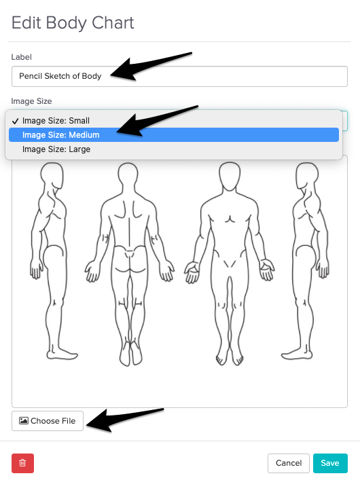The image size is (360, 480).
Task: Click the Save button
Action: (x=330, y=463)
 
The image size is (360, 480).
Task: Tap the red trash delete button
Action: (x=22, y=463)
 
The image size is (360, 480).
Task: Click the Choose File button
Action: (x=48, y=421)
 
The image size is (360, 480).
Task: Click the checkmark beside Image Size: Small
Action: (x=16, y=122)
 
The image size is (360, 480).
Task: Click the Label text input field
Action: (x=179, y=76)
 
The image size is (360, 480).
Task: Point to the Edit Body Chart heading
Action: (x=73, y=23)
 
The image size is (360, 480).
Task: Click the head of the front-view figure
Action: (x=230, y=177)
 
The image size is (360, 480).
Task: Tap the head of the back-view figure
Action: (x=128, y=176)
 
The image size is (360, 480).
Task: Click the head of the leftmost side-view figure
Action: (x=52, y=176)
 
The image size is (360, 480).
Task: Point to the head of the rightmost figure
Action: (x=307, y=176)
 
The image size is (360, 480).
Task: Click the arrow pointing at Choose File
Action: (x=125, y=420)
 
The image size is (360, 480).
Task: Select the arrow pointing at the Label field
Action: (x=151, y=65)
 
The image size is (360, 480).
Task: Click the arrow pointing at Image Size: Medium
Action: (x=157, y=120)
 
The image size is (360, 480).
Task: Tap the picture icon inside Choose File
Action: (x=24, y=421)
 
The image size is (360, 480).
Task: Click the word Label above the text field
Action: (x=22, y=57)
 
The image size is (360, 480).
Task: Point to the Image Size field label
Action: (x=31, y=101)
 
